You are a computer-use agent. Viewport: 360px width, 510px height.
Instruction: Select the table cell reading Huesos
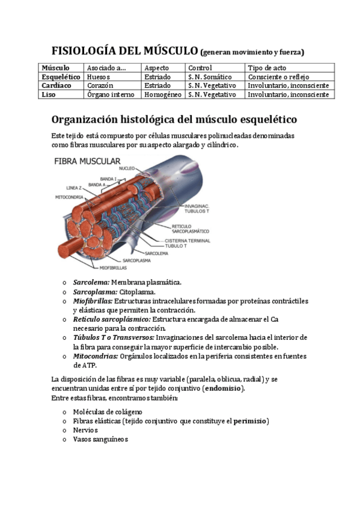coord(99,77)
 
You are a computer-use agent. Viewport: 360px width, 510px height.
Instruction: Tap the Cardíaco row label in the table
coord(56,86)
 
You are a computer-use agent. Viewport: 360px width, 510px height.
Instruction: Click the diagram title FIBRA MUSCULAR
coord(88,161)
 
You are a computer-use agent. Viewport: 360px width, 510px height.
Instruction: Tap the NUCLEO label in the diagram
coord(127,169)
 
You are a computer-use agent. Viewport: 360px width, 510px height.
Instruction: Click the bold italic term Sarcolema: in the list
coord(91,282)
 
